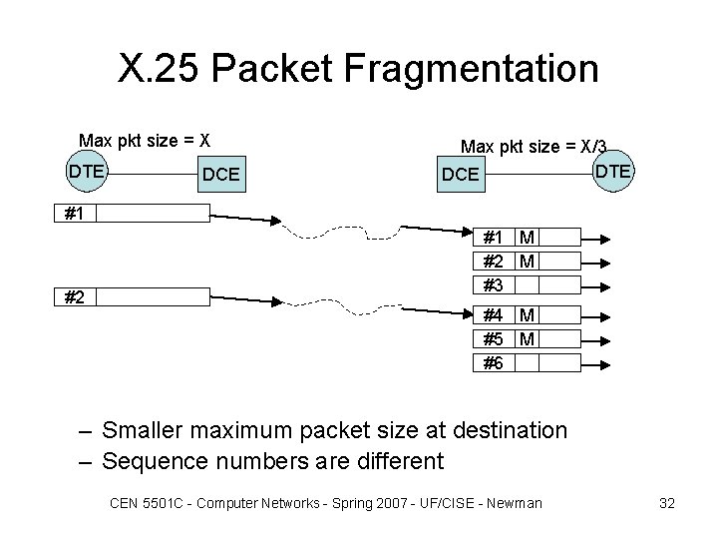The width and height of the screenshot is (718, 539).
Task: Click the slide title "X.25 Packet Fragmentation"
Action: (358, 70)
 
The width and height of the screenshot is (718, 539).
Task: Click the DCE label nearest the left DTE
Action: (220, 175)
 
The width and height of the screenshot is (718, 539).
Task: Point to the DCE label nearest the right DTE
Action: (461, 175)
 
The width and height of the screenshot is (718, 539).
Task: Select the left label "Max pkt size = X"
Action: (144, 139)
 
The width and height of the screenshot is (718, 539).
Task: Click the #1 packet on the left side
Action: (134, 212)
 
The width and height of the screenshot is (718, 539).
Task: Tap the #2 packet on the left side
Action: (134, 296)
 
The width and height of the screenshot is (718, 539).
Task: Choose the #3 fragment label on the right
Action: (493, 284)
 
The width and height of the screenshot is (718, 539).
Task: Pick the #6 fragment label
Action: (493, 363)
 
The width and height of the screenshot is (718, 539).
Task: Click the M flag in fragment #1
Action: (527, 238)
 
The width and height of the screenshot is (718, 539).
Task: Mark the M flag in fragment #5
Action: (527, 339)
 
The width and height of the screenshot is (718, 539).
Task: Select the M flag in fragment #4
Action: (527, 315)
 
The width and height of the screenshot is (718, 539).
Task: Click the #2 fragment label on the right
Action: (493, 262)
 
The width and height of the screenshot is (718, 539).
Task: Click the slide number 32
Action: (667, 503)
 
